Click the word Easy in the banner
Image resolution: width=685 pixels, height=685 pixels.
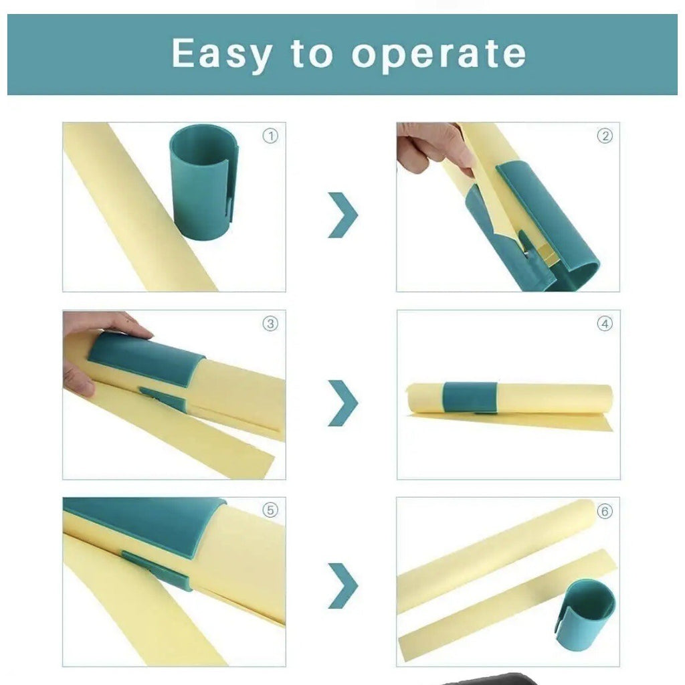[221, 54]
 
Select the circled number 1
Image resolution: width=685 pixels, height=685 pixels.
[270, 136]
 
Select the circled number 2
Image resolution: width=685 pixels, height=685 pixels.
[604, 136]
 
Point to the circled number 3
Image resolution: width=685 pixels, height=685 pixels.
[270, 324]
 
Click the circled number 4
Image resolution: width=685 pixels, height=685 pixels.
[604, 324]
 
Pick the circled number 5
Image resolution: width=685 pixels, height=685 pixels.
[270, 510]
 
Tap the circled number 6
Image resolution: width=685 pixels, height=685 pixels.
[604, 511]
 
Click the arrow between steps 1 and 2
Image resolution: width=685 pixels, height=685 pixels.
[342, 215]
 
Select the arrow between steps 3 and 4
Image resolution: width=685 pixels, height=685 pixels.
[342, 403]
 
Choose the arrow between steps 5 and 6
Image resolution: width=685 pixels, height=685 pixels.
[342, 585]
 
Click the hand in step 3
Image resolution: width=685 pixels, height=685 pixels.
[94, 348]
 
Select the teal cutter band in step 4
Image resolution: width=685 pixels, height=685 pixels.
[470, 397]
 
